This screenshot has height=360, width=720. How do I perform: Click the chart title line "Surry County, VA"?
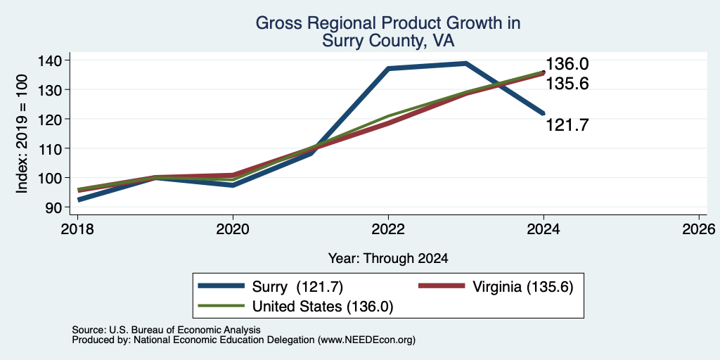point(388,41)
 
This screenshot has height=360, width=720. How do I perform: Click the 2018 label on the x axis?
point(77,229)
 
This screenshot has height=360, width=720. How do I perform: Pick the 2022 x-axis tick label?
point(388,229)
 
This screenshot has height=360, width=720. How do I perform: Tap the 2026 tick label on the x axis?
point(699,229)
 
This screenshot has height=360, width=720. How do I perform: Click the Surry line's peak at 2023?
point(465,63)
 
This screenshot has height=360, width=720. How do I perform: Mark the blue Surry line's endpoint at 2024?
point(544,113)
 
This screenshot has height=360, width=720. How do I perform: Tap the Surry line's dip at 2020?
point(233,185)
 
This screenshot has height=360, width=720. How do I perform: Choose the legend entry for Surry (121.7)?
point(271,287)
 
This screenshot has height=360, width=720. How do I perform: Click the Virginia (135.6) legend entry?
point(496,287)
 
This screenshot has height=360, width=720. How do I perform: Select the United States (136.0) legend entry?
point(296,307)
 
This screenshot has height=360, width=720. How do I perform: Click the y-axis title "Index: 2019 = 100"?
point(22,134)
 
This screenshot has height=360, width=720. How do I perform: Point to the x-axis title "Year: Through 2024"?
point(388,259)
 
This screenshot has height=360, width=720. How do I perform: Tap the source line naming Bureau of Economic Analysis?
point(166,330)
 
